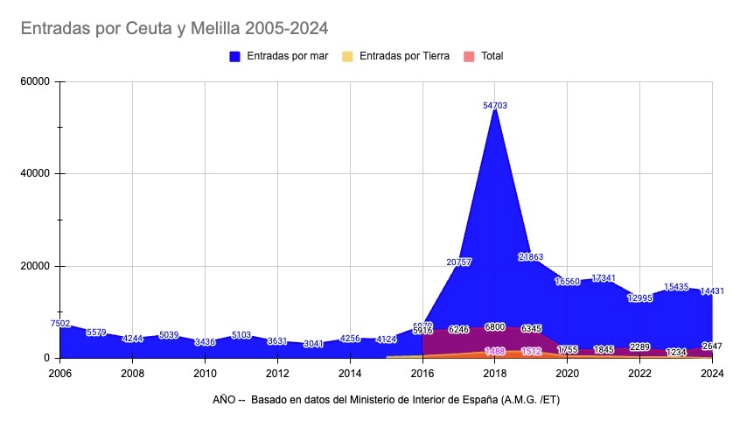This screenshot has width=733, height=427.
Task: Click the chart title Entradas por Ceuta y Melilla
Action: (173, 29)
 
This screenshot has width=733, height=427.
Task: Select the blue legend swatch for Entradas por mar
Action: (234, 56)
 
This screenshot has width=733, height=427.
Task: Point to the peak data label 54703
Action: (495, 105)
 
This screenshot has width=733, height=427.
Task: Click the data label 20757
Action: (459, 262)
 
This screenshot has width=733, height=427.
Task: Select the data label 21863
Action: (531, 256)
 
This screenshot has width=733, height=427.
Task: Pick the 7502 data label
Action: (60, 324)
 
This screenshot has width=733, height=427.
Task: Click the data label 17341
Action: (604, 278)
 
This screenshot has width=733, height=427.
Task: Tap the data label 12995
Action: (639, 297)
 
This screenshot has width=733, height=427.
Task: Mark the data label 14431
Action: (710, 290)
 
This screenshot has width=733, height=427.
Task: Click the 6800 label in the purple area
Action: (495, 327)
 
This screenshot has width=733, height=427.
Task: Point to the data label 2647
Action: (711, 346)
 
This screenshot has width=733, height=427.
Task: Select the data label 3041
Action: (313, 344)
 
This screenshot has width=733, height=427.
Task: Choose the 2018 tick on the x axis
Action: (495, 373)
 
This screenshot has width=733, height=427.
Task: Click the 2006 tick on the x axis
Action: (59, 373)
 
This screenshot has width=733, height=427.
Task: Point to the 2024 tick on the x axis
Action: (712, 373)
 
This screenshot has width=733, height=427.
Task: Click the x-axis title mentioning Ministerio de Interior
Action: (391, 400)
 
